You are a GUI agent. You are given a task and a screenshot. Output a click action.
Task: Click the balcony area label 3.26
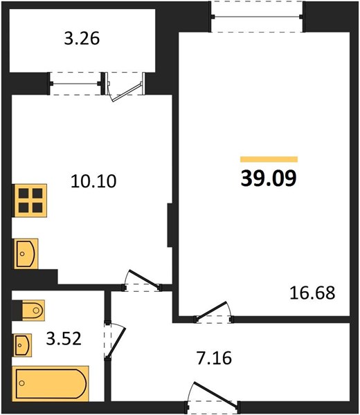point(82,38)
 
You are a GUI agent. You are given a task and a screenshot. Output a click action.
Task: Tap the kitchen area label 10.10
point(93,181)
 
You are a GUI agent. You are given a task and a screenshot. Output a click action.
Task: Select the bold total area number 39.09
point(269,178)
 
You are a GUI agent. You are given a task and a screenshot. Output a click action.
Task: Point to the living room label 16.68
point(313,293)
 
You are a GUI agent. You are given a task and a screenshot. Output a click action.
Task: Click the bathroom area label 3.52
point(64,338)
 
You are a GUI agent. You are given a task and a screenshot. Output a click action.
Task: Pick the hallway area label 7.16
point(215,358)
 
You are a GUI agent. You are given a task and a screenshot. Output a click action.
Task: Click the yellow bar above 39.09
point(269,159)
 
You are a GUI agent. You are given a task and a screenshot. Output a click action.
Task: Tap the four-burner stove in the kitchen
point(30,201)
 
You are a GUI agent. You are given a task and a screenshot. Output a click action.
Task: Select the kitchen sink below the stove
point(26,254)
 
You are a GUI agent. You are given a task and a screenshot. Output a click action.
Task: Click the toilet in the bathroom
point(33,310)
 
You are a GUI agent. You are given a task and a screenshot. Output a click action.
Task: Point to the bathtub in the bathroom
point(51,383)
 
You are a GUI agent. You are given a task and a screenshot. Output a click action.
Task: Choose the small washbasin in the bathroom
point(23,345)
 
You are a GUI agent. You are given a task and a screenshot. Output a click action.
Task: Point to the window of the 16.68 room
point(258,17)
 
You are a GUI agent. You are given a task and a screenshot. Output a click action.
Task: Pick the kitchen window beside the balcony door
point(75,84)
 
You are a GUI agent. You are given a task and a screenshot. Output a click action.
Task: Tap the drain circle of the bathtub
point(22,383)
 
